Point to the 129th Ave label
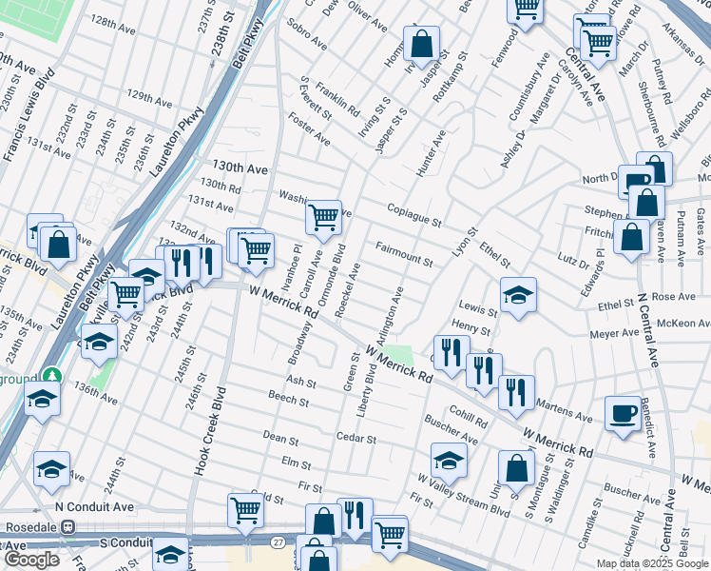(153, 97)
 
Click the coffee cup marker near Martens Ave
(623, 413)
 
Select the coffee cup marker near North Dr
(635, 181)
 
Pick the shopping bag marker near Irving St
(420, 43)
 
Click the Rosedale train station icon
(67, 526)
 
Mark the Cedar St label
(356, 440)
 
